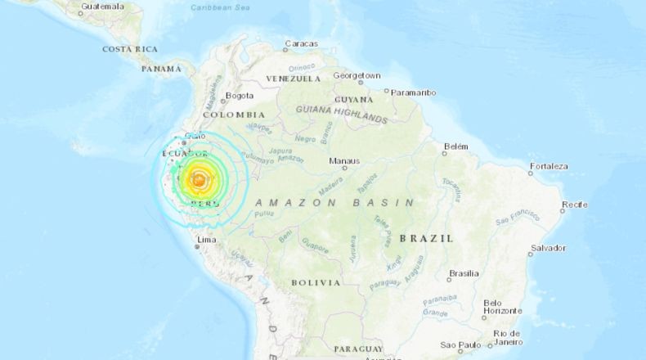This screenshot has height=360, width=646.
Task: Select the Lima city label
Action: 207,239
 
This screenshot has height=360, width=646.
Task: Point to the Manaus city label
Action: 343,161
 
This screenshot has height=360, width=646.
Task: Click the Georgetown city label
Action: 357,75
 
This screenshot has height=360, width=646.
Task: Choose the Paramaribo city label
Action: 413,92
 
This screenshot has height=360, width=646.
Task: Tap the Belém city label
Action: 455,147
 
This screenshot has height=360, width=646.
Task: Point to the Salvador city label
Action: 548,247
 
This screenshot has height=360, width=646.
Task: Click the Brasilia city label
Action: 464,273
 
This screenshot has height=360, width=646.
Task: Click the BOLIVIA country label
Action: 316,282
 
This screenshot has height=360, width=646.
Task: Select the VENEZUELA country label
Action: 293,79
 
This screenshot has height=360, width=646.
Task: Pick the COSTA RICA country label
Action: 130,49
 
